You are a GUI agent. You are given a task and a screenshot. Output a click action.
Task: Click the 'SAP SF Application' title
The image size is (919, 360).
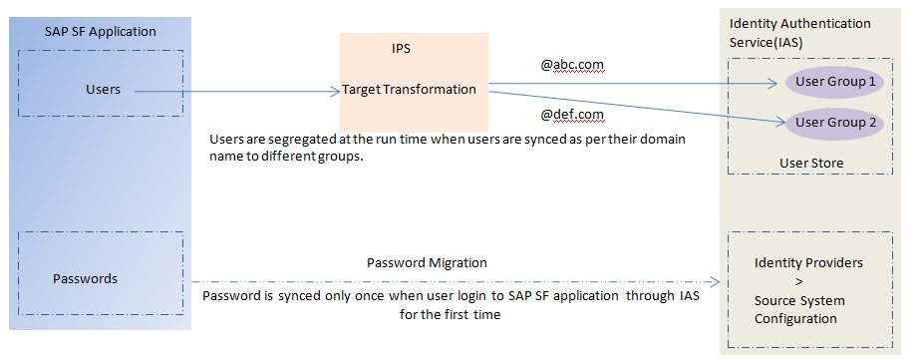pos(101,32)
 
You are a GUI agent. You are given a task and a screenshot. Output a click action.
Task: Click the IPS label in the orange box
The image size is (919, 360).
pos(401,49)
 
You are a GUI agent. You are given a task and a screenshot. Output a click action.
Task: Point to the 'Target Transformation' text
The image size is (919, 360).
pos(409,90)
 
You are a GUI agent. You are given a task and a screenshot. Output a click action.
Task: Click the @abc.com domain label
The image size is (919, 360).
pos(572,65)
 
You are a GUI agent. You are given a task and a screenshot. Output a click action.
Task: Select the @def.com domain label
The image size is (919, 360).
pos(572,114)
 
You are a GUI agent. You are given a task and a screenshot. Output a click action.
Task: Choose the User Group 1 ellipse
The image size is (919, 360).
pos(834,82)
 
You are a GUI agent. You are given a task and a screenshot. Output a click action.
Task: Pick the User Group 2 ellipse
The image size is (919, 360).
pos(834,123)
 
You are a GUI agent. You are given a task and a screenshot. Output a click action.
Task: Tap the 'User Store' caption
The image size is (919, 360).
pos(811,163)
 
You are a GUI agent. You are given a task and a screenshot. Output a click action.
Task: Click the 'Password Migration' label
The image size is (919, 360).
pos(427,262)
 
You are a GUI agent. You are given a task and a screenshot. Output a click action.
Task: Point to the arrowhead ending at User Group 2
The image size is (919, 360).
pos(779,122)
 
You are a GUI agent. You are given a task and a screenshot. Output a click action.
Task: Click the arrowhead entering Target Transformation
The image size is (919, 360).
pos(336,91)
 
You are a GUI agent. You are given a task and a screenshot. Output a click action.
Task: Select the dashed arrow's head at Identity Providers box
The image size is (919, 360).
pos(714,282)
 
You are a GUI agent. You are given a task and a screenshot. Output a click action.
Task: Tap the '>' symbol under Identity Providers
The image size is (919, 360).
pos(799,282)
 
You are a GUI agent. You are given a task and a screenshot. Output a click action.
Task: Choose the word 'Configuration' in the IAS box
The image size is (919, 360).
pos(795,319)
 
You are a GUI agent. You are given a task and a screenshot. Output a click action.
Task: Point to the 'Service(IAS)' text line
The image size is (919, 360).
pos(766,43)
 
